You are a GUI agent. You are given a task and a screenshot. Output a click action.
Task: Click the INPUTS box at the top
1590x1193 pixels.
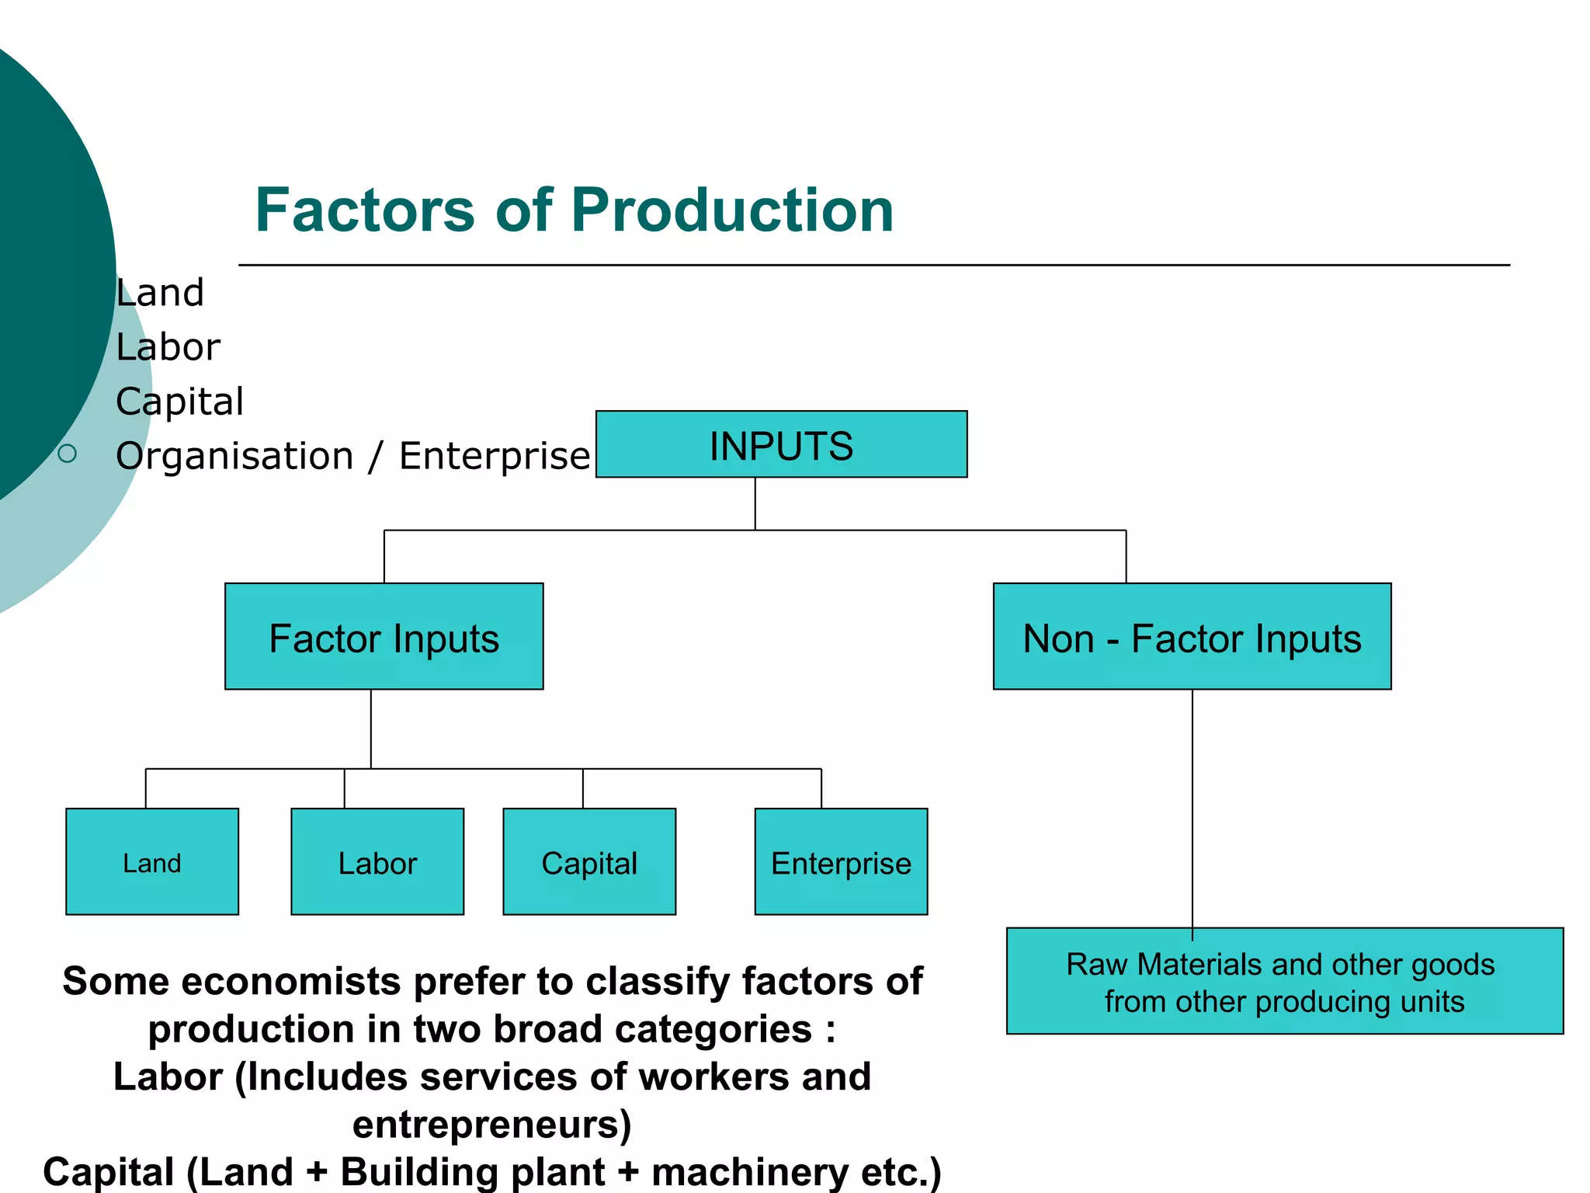point(781,444)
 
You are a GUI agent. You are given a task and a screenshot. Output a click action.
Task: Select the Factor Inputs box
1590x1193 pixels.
point(384,637)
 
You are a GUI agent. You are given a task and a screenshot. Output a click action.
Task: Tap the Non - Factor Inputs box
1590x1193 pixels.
point(1192,637)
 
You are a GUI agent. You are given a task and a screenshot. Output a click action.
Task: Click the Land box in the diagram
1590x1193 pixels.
point(152,862)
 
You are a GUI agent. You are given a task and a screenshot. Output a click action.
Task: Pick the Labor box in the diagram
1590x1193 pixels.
point(377,862)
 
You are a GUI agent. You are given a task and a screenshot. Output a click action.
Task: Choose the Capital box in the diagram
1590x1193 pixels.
point(589,862)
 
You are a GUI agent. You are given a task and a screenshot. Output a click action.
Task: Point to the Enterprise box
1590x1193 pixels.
point(841,862)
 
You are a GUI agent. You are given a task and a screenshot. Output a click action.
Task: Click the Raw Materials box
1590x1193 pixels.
point(1284,982)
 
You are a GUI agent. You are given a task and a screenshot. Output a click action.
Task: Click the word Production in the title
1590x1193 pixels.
point(732,210)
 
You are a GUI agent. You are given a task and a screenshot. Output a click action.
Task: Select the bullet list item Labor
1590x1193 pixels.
point(168,347)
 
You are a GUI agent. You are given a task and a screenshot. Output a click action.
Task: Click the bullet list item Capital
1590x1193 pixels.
point(180,402)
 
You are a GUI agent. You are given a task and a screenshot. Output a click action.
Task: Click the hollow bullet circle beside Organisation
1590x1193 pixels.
point(68,454)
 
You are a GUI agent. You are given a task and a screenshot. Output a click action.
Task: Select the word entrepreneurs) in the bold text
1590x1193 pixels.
point(492,1124)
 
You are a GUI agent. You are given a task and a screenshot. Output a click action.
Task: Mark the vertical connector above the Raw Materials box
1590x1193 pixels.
point(1192,808)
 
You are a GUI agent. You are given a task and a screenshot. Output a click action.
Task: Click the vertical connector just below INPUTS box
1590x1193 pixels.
point(755,503)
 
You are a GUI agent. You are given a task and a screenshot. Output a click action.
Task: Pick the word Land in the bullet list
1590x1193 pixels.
point(160,294)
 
